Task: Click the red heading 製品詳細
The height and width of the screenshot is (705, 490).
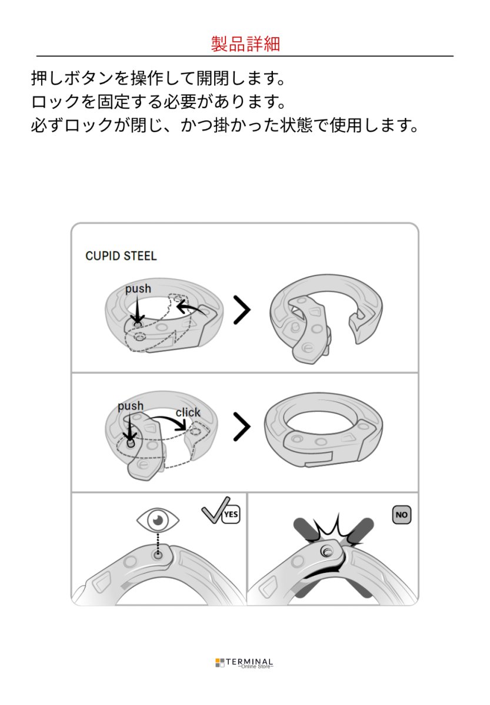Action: [245, 44]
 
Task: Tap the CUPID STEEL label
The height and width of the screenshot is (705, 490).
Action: [121, 256]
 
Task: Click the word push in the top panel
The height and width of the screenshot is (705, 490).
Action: [138, 288]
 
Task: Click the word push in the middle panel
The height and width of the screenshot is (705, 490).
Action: [130, 406]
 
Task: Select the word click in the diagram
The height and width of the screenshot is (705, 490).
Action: [188, 412]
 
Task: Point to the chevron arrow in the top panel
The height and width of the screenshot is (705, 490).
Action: [241, 310]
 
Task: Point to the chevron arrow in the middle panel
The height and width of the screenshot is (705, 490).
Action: [241, 427]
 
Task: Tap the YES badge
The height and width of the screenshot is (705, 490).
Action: [231, 515]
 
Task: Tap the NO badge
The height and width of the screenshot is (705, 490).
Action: [402, 515]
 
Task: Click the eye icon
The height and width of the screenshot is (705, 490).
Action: [158, 520]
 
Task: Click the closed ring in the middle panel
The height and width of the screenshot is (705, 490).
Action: [324, 430]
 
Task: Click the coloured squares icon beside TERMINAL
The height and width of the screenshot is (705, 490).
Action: [219, 663]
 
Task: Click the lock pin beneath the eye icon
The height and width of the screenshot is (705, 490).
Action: [158, 553]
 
